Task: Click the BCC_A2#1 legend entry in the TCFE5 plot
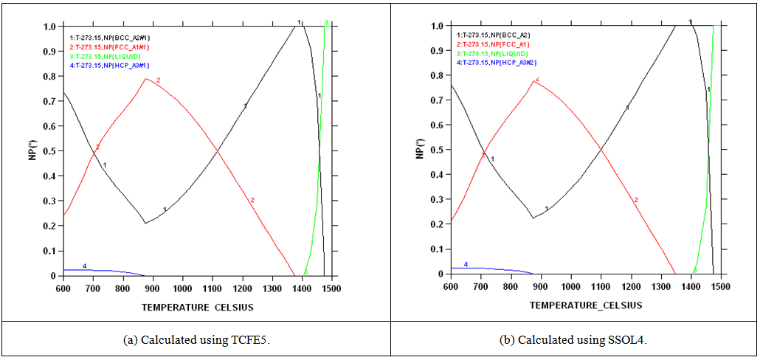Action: tap(108, 36)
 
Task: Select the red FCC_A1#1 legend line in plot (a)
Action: tap(107, 46)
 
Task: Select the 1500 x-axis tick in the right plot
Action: tap(720, 286)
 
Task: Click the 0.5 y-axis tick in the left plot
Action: tap(51, 151)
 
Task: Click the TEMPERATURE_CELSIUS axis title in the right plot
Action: tap(585, 305)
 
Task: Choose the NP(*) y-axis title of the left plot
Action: tap(34, 150)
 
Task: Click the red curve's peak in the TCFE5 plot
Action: tap(146, 78)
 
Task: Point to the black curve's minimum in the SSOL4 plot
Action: tap(533, 218)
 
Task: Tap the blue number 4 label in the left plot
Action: tap(84, 266)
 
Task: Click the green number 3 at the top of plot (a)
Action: tap(326, 23)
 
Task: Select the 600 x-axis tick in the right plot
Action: tap(450, 286)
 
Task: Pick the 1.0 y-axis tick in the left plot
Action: tap(51, 27)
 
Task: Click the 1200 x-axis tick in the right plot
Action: tap(630, 286)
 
